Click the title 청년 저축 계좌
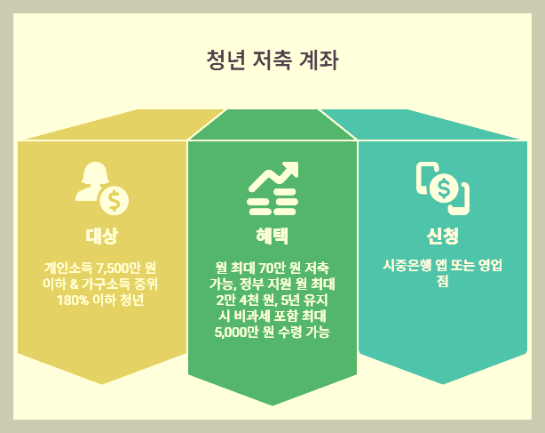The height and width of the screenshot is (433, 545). click(272, 61)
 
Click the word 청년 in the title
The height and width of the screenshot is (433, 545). click(225, 61)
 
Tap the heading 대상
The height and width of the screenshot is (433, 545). click(102, 236)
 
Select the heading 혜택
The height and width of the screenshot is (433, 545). click(272, 236)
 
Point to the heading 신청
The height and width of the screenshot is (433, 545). click(443, 236)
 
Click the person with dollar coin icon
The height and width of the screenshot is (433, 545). click(102, 188)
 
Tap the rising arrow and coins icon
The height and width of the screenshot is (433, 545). click(272, 188)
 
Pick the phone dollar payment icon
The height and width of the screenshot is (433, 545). click(443, 188)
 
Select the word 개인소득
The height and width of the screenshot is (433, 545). click(68, 267)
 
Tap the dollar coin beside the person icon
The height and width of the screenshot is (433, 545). click(114, 200)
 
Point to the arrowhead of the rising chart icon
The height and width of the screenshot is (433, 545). click(288, 170)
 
